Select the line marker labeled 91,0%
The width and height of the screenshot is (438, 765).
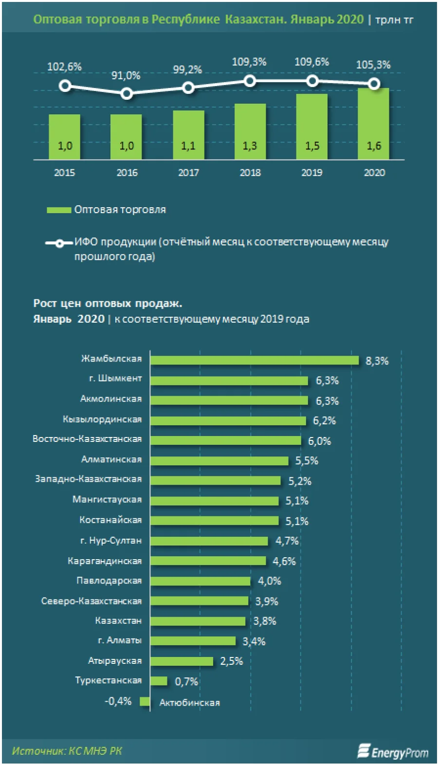127,93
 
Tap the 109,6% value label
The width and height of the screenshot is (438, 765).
311,62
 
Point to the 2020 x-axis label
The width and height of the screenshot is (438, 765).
374,173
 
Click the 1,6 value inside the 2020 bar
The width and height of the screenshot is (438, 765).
374,146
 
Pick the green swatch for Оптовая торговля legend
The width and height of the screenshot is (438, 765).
58,210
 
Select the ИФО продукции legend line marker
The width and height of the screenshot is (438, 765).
59,243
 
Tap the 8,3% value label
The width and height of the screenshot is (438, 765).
377,361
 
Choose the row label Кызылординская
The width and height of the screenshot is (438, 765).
102,419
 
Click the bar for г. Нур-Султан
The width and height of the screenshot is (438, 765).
209,541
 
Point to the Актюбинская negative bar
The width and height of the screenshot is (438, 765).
145,701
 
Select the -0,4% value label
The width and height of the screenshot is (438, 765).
118,701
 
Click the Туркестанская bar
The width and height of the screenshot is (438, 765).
159,681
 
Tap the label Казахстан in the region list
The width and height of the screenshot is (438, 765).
118,621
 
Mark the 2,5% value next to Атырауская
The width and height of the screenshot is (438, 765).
231,661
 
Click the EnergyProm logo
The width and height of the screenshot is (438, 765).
393,752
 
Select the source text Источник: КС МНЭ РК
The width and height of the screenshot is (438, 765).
67,751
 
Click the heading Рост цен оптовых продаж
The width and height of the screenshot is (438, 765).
108,304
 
